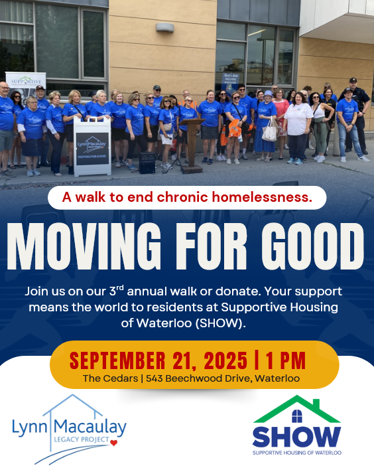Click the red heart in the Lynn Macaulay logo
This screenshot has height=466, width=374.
114,441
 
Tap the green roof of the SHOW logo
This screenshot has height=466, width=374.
296,406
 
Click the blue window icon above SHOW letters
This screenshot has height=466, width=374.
296,416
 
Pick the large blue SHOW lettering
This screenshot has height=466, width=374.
296,437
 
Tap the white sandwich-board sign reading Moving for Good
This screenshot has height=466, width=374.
92,147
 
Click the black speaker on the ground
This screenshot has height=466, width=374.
147,163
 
